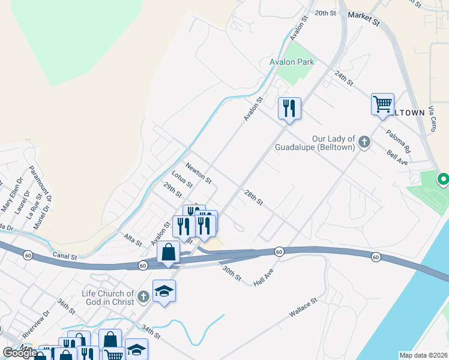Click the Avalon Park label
click(x=292, y=61)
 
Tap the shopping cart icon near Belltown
click(x=382, y=105)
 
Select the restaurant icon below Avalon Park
click(x=289, y=109)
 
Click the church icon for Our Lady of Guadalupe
click(x=364, y=142)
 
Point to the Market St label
click(x=364, y=20)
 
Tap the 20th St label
click(x=324, y=13)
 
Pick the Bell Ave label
click(x=397, y=157)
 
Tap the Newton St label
click(x=199, y=173)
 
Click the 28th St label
click(x=253, y=197)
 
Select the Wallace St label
click(x=303, y=309)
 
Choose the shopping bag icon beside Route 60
click(x=169, y=252)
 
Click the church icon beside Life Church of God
click(x=143, y=296)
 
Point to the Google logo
click(x=20, y=353)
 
